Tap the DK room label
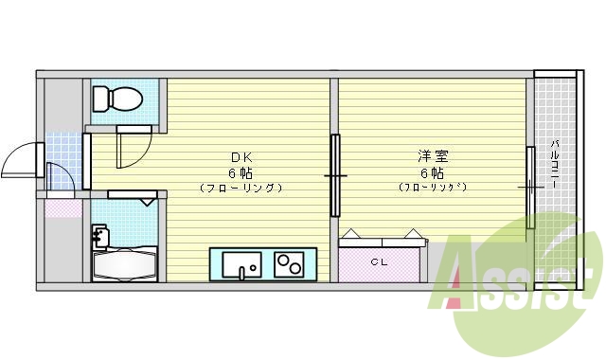[x=241, y=157]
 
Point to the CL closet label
[x=380, y=261]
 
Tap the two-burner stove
[x=289, y=263]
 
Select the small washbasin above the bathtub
[x=99, y=234]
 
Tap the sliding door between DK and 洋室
[x=334, y=176]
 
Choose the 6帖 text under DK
[x=240, y=172]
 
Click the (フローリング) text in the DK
[x=241, y=188]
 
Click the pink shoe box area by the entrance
[x=62, y=207]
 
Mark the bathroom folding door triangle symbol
[x=148, y=201]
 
